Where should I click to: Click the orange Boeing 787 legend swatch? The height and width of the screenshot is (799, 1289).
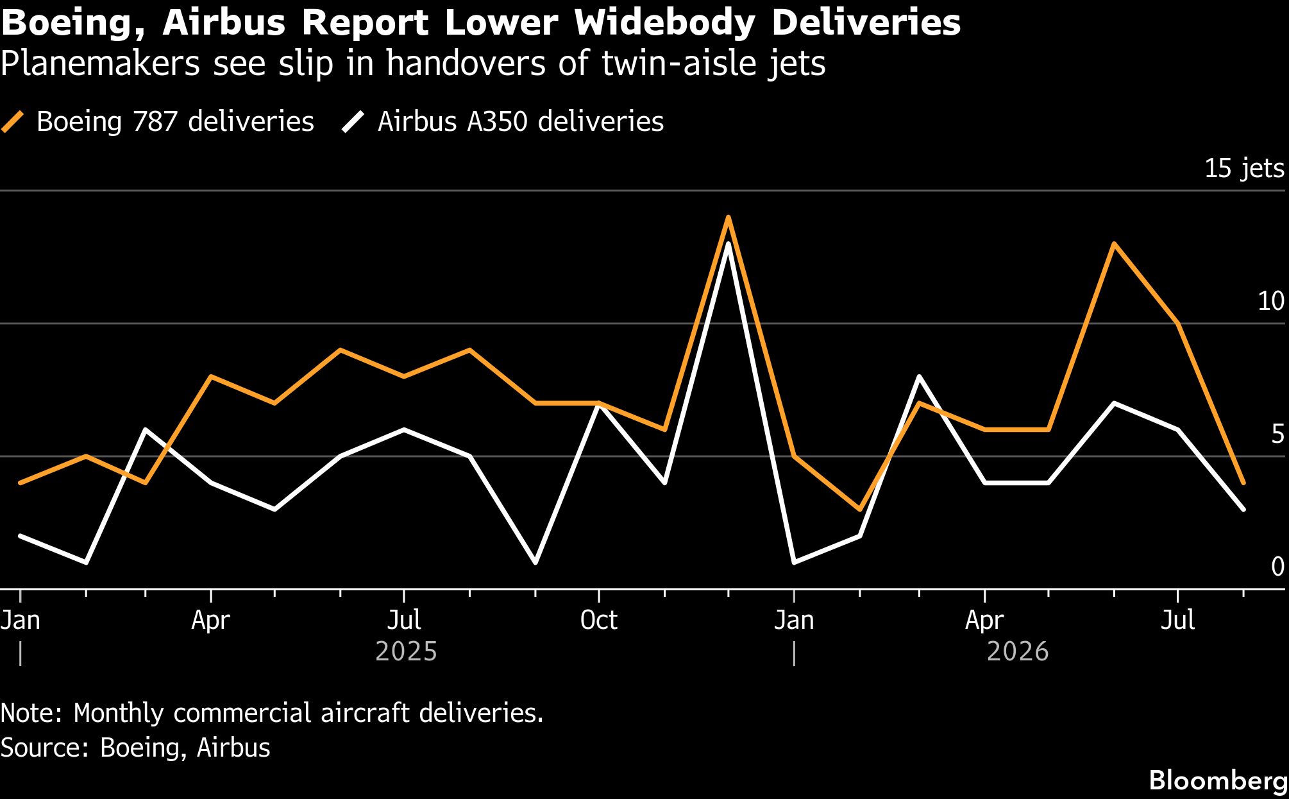point(13,121)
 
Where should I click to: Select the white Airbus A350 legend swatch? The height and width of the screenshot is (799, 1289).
point(353,121)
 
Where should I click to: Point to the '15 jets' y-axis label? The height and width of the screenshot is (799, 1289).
point(1244,168)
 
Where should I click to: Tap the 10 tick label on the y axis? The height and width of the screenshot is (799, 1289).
point(1271,301)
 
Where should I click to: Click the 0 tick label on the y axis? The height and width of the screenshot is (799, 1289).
point(1277,566)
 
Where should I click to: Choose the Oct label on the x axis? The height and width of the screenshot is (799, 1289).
point(598,620)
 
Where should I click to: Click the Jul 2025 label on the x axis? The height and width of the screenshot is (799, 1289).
point(404,620)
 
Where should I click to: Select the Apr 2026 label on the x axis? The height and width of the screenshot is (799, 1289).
point(984,620)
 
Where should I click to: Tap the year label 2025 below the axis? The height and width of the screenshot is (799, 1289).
point(406,651)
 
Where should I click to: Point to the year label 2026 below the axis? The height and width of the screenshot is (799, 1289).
point(1018,651)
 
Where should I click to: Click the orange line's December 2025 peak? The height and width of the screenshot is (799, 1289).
point(728,217)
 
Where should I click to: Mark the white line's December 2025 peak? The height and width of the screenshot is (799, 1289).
point(728,244)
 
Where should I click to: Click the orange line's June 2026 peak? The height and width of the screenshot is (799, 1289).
point(1115,244)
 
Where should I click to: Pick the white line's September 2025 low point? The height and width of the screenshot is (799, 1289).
point(535,563)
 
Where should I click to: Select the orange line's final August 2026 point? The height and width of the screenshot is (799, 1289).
point(1243,483)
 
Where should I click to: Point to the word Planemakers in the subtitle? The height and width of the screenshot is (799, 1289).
point(101,64)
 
